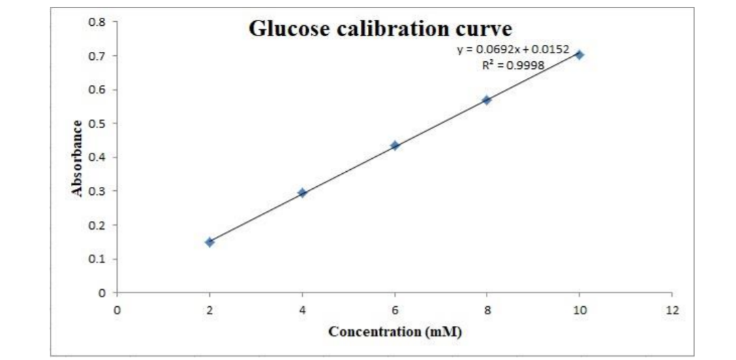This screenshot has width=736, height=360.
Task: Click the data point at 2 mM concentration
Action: pyautogui.click(x=210, y=242)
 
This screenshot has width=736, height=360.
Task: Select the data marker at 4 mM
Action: pyautogui.click(x=303, y=193)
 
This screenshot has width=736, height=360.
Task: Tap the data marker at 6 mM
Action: pyautogui.click(x=395, y=146)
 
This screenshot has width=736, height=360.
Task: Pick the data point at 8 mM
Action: pyautogui.click(x=487, y=100)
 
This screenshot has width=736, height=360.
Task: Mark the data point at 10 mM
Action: pyautogui.click(x=579, y=55)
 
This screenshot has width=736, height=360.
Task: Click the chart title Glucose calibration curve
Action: pyautogui.click(x=380, y=29)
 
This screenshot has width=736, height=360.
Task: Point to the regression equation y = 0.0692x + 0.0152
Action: pyautogui.click(x=512, y=50)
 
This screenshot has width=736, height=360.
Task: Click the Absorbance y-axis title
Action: pyautogui.click(x=78, y=158)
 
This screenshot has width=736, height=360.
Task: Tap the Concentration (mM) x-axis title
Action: pyautogui.click(x=395, y=332)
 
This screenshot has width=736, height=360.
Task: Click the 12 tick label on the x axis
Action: pyautogui.click(x=672, y=310)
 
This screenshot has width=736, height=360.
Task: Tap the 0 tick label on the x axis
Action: pyautogui.click(x=117, y=310)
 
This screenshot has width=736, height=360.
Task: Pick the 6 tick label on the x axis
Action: pyautogui.click(x=395, y=310)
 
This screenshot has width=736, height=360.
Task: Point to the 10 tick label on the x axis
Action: pyautogui.click(x=579, y=310)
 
